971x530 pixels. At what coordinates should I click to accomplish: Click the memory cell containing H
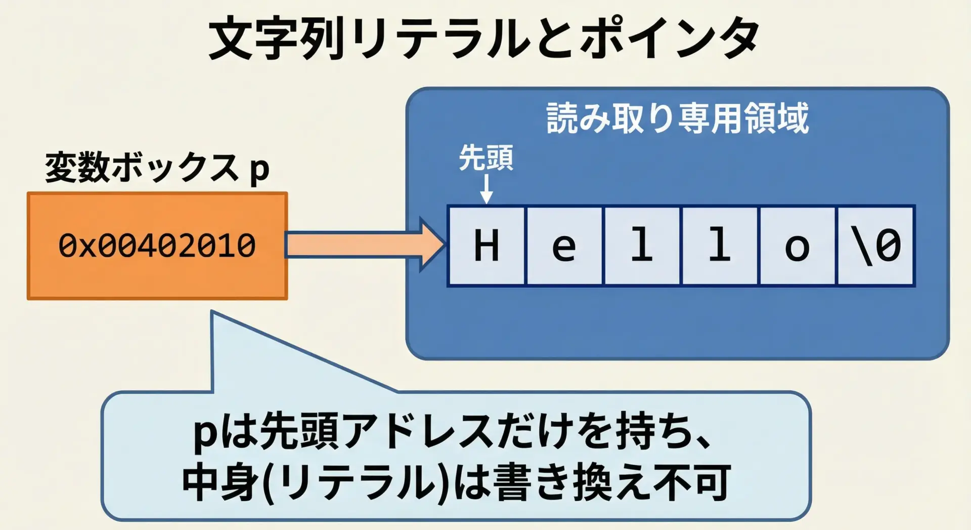[487, 246]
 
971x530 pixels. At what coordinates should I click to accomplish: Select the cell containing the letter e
[564, 246]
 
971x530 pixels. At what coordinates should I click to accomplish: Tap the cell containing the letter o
[797, 246]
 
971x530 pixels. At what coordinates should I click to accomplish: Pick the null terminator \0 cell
[876, 246]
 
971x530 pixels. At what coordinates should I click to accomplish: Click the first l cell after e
[642, 246]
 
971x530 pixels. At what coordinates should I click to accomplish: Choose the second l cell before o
[720, 246]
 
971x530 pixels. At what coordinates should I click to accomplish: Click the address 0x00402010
[157, 246]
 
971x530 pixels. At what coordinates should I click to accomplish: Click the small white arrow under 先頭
[486, 189]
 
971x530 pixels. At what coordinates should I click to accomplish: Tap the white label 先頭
[485, 158]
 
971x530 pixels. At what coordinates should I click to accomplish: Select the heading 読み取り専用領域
[678, 118]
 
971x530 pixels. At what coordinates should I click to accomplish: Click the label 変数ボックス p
[157, 168]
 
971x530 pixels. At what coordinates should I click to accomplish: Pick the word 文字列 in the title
[276, 38]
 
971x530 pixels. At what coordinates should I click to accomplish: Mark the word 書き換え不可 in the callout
[612, 482]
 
